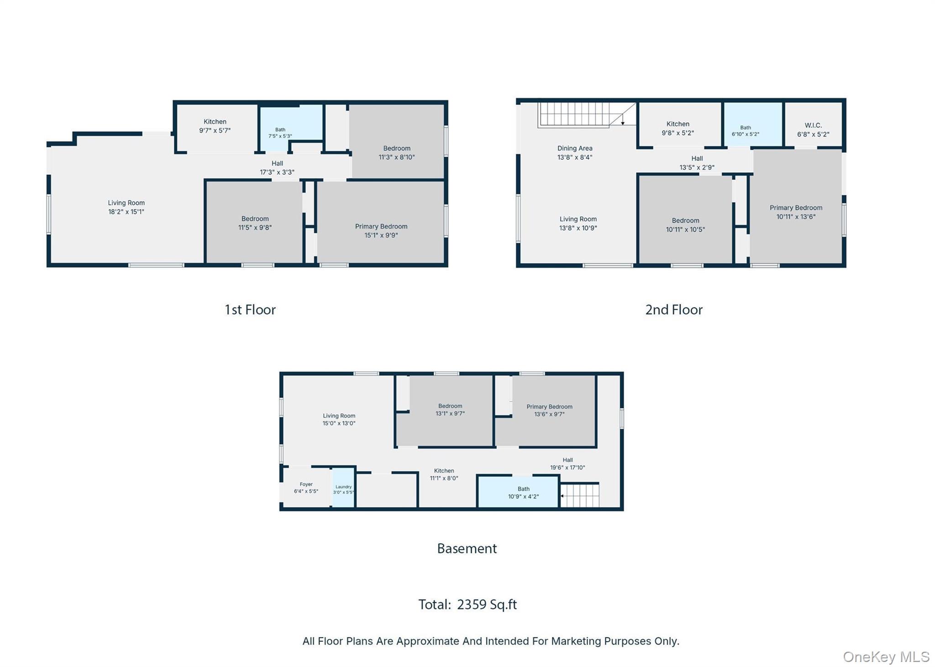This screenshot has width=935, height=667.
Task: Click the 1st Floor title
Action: coord(250,310)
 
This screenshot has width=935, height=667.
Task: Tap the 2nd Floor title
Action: coord(674,310)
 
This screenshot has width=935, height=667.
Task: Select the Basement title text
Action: coord(467,548)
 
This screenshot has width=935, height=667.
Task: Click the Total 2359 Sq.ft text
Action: coord(467,604)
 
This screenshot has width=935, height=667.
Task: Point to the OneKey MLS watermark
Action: coord(886,657)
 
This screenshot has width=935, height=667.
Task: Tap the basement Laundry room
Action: coord(343,487)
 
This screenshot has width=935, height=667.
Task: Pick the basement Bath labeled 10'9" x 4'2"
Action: coord(518,492)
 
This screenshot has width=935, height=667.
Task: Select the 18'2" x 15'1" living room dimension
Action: coord(126,212)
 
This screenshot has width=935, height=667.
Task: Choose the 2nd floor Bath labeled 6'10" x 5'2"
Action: coord(746,131)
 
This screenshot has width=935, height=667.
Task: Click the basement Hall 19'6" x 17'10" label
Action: coord(567,464)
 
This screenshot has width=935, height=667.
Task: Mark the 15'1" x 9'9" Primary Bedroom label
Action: coord(381,231)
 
